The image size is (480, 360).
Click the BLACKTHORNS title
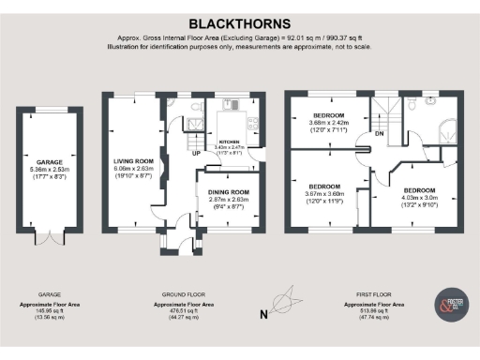click(x=239, y=22)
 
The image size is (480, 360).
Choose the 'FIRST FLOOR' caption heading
click(x=374, y=293)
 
